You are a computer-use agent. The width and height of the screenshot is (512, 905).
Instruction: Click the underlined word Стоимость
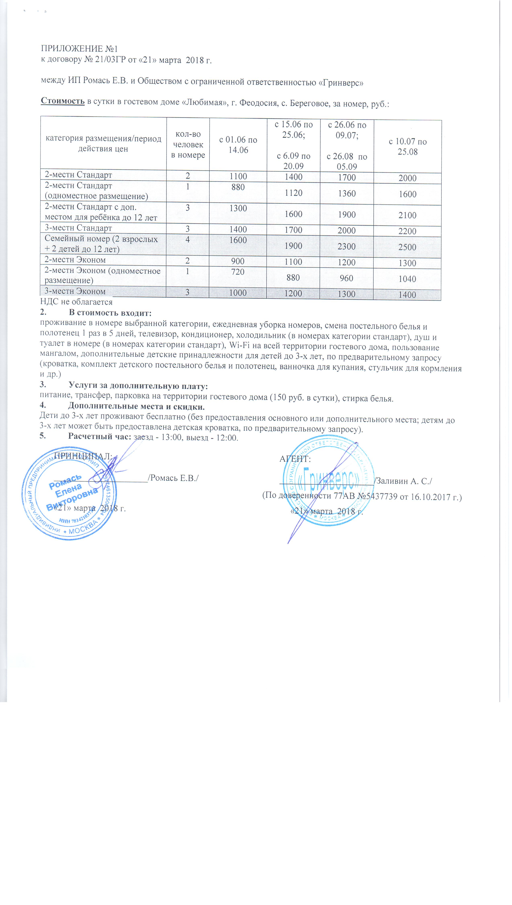pos(63,101)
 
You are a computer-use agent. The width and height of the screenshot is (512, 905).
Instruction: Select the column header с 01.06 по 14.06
pos(238,145)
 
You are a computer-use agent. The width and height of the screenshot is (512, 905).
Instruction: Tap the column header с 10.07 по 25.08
pos(408,146)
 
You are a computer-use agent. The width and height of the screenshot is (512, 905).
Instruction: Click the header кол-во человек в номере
pos(188,144)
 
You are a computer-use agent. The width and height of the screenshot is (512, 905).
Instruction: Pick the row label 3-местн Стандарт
pos(78,228)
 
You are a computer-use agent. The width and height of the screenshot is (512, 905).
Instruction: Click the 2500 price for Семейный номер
pos(407,247)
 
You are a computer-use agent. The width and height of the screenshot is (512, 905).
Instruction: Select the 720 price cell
pos(238,272)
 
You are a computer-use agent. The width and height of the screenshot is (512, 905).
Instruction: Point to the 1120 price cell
pos(293,193)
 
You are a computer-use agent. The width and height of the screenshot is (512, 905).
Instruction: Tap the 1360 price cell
pos(347,194)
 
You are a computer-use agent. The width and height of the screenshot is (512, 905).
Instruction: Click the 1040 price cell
pos(407,279)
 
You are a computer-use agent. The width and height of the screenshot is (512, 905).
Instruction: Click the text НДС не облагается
pos(76,302)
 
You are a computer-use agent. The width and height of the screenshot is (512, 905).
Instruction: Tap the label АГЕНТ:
pos(295,459)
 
